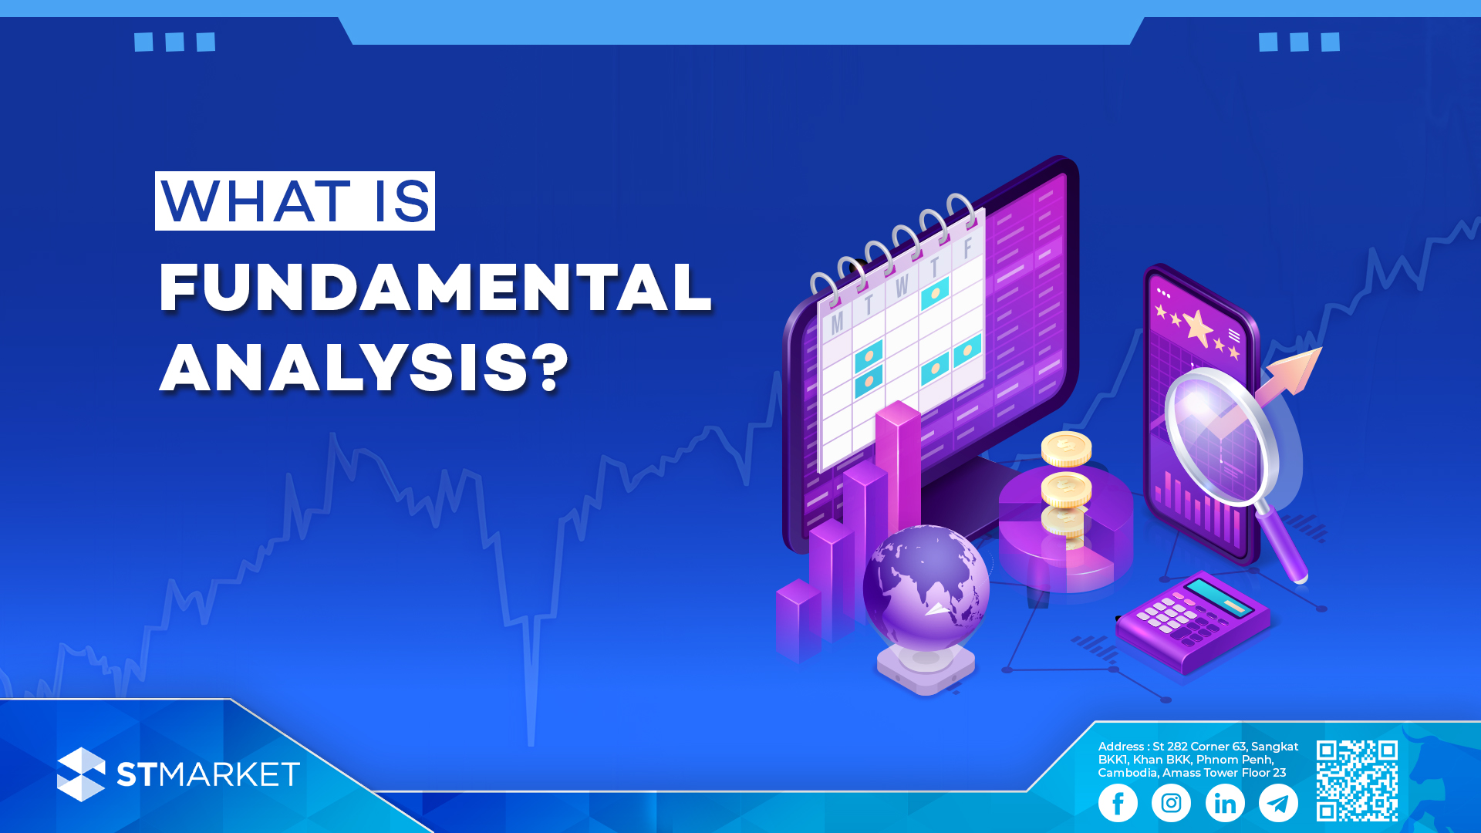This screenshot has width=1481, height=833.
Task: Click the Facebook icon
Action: point(1118,803)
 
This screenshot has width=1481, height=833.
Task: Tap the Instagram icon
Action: point(1171,803)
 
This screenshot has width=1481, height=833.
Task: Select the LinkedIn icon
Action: point(1225,803)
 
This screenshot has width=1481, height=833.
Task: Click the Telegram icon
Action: point(1278,803)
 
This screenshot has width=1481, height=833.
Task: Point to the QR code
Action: point(1357,781)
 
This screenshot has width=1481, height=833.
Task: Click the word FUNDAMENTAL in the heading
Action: point(435,288)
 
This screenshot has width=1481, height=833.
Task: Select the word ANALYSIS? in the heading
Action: point(364,369)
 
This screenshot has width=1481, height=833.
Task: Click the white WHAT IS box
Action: point(295,201)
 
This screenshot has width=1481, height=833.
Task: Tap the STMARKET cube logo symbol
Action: point(81,774)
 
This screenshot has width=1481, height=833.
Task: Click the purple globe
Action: point(926,588)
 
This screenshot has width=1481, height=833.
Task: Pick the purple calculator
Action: point(1193,621)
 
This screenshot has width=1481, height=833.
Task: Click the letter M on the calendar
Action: point(837,322)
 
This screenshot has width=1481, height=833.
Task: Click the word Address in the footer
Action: point(1121,747)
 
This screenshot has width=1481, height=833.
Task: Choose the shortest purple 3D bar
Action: point(798,620)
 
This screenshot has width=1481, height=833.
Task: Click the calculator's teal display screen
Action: point(1219,598)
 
